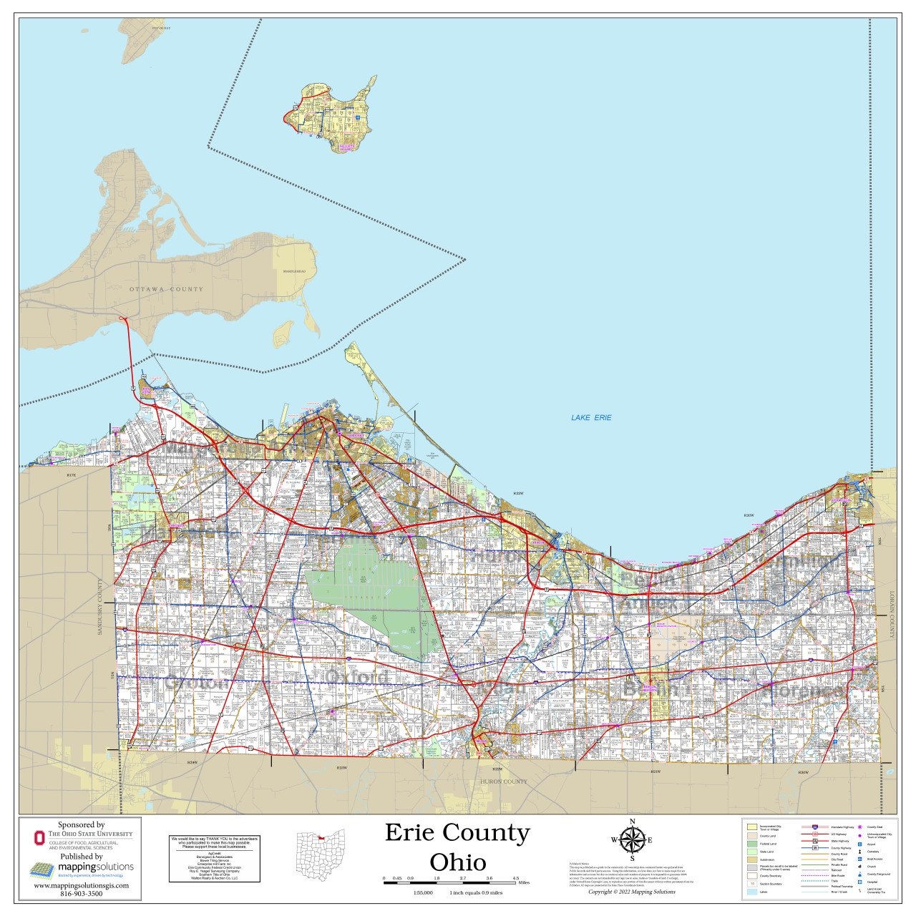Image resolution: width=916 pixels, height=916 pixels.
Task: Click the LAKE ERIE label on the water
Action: (x=591, y=417)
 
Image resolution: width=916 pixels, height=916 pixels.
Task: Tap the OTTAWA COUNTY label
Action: (x=166, y=289)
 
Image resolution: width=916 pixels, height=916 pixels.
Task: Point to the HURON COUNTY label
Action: (x=504, y=781)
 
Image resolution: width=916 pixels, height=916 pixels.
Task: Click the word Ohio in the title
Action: (x=457, y=862)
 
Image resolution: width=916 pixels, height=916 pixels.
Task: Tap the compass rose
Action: (x=631, y=839)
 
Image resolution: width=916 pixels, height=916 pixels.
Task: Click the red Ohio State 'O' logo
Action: (x=39, y=837)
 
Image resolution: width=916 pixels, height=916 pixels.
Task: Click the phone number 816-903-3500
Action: (x=81, y=894)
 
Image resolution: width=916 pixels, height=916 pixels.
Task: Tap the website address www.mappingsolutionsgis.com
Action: (x=81, y=886)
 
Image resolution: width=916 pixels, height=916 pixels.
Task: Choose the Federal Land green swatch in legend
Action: (x=751, y=844)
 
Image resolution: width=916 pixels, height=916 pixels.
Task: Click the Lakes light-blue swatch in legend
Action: (x=751, y=892)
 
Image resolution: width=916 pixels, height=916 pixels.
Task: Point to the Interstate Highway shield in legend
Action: (x=815, y=827)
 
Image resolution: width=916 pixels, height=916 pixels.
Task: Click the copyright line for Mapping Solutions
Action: (x=631, y=892)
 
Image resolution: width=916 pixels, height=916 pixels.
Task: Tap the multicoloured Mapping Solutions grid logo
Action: (x=42, y=869)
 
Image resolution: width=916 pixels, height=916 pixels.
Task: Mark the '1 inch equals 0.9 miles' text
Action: (x=476, y=893)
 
